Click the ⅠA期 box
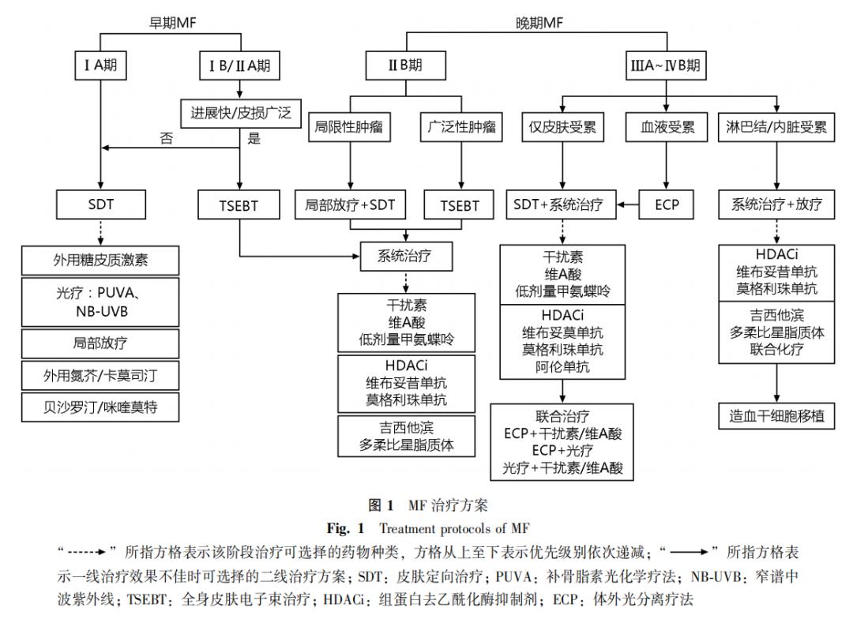point(100,66)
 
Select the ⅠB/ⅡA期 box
point(239,66)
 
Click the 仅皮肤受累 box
point(562,126)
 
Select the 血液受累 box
point(666,126)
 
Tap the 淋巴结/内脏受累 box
point(776,126)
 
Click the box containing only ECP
point(666,204)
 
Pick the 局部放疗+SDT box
point(350,204)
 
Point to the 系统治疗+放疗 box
point(776,204)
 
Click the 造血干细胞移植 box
point(776,415)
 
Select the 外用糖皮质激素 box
point(100,260)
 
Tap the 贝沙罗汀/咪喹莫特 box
point(100,408)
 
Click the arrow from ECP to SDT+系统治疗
point(628,204)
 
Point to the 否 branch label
point(166,138)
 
